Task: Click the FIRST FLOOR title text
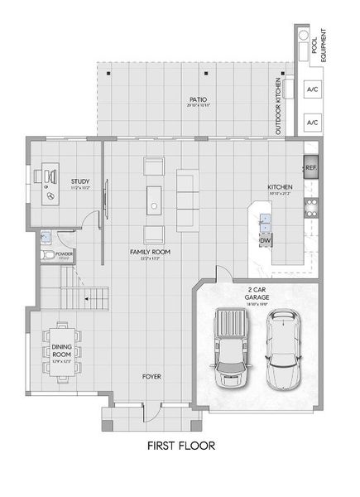180,446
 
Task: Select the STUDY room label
80,181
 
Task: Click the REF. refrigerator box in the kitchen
311,167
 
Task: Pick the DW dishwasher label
266,240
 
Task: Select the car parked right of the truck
283,349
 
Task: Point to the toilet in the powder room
49,254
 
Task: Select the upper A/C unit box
312,89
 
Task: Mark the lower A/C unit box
312,122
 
